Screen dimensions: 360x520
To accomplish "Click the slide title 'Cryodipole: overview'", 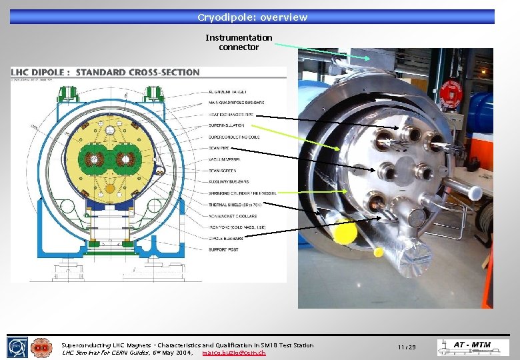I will click(252, 17).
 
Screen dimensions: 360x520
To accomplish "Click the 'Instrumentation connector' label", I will click(239, 43).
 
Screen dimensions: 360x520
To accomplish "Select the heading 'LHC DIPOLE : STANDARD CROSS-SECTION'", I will click(105, 72).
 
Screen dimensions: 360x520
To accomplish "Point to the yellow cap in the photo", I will click(345, 233).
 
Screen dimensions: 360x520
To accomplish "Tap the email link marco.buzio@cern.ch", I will click(233, 353).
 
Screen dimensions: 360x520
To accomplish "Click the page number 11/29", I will click(407, 347).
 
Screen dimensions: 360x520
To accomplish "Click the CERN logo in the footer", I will click(17, 347).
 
